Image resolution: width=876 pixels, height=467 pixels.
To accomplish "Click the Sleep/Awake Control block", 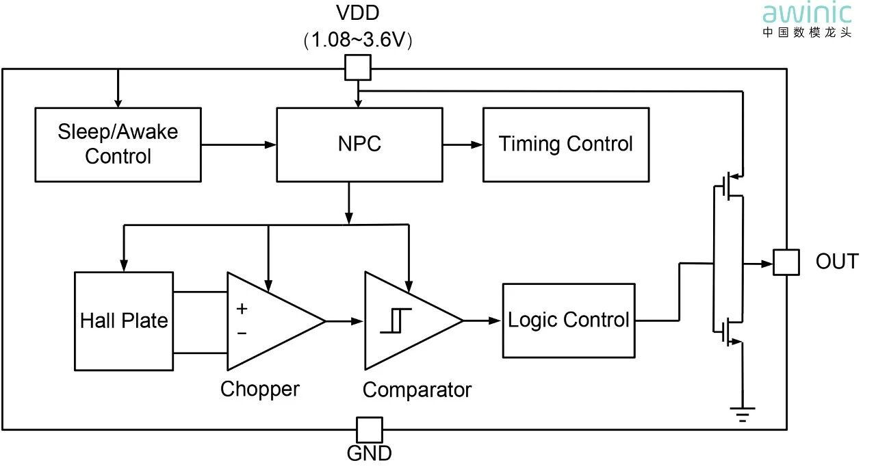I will [118, 144].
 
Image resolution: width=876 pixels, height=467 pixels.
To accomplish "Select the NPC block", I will [359, 144].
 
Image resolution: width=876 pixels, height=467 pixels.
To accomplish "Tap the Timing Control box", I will [566, 144].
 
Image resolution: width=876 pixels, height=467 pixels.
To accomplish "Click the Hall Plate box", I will [124, 320].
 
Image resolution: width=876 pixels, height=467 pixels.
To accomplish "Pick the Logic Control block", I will [568, 320].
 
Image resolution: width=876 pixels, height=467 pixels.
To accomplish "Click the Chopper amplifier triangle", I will [270, 320].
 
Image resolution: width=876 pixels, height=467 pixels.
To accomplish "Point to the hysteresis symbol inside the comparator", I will [396, 320].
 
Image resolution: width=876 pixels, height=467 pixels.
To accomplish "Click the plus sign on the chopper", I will [242, 309].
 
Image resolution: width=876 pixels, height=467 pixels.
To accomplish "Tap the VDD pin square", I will [357, 68].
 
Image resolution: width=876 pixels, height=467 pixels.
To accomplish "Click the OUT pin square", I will [786, 262].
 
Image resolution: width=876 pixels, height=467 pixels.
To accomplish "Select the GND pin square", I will [370, 430].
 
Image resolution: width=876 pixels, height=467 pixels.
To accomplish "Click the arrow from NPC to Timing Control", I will [463, 144].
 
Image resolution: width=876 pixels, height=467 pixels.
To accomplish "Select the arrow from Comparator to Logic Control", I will [482, 320].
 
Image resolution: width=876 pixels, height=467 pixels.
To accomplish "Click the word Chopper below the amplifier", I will [260, 389].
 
